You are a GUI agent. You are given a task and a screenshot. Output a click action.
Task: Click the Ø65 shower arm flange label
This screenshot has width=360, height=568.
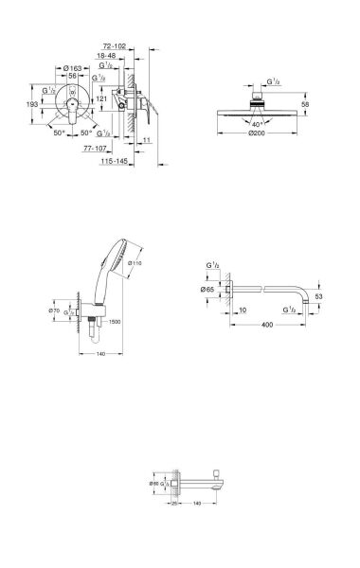pos(210,289)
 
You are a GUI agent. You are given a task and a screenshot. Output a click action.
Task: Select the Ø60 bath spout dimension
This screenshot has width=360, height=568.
pos(155,485)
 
